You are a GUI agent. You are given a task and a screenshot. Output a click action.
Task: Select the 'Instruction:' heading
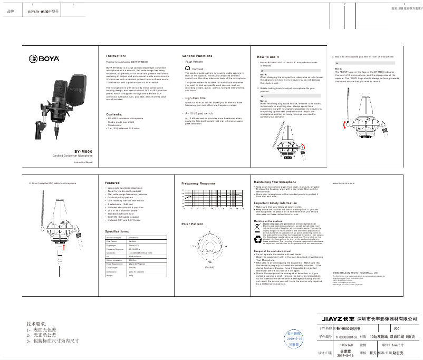[x=116, y=55]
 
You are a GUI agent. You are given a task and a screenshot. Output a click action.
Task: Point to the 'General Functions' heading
[x=197, y=55]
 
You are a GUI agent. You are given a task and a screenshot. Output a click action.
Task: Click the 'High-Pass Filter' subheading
[x=196, y=98]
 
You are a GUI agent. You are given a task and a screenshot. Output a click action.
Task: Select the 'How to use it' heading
[x=268, y=56]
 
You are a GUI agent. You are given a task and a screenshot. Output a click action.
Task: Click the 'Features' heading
[x=112, y=183]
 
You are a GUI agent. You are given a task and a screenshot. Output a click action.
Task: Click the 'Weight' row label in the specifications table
[x=110, y=275]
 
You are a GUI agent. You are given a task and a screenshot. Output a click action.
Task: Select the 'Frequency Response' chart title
[x=198, y=183]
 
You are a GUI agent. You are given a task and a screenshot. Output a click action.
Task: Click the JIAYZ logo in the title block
[x=338, y=319]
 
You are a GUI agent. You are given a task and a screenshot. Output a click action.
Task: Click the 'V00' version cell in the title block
[x=382, y=328]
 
